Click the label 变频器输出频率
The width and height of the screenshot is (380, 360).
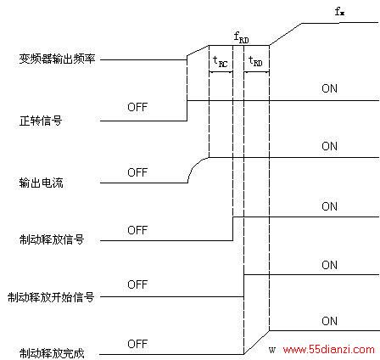57,59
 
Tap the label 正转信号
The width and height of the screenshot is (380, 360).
41,121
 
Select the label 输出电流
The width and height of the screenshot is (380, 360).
41,183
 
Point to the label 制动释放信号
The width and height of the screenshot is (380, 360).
52,239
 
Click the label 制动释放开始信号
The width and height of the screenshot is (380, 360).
51,297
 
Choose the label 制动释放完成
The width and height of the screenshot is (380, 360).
52,353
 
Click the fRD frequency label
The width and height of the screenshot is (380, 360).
242,37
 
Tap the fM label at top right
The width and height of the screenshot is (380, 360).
339,12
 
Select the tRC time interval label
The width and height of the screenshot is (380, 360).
221,61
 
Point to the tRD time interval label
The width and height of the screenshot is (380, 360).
255,61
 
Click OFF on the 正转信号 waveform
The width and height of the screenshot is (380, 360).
137,107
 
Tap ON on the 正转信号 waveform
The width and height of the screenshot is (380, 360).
329,88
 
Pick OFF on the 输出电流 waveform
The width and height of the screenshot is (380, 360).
137,172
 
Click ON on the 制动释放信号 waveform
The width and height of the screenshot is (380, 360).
329,206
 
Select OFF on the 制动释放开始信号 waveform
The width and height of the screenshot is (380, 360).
137,284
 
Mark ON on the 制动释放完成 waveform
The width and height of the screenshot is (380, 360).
329,321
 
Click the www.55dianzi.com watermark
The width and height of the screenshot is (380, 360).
329,350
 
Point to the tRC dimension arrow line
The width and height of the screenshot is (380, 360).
221,72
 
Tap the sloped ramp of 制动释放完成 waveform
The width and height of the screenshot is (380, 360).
256,342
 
